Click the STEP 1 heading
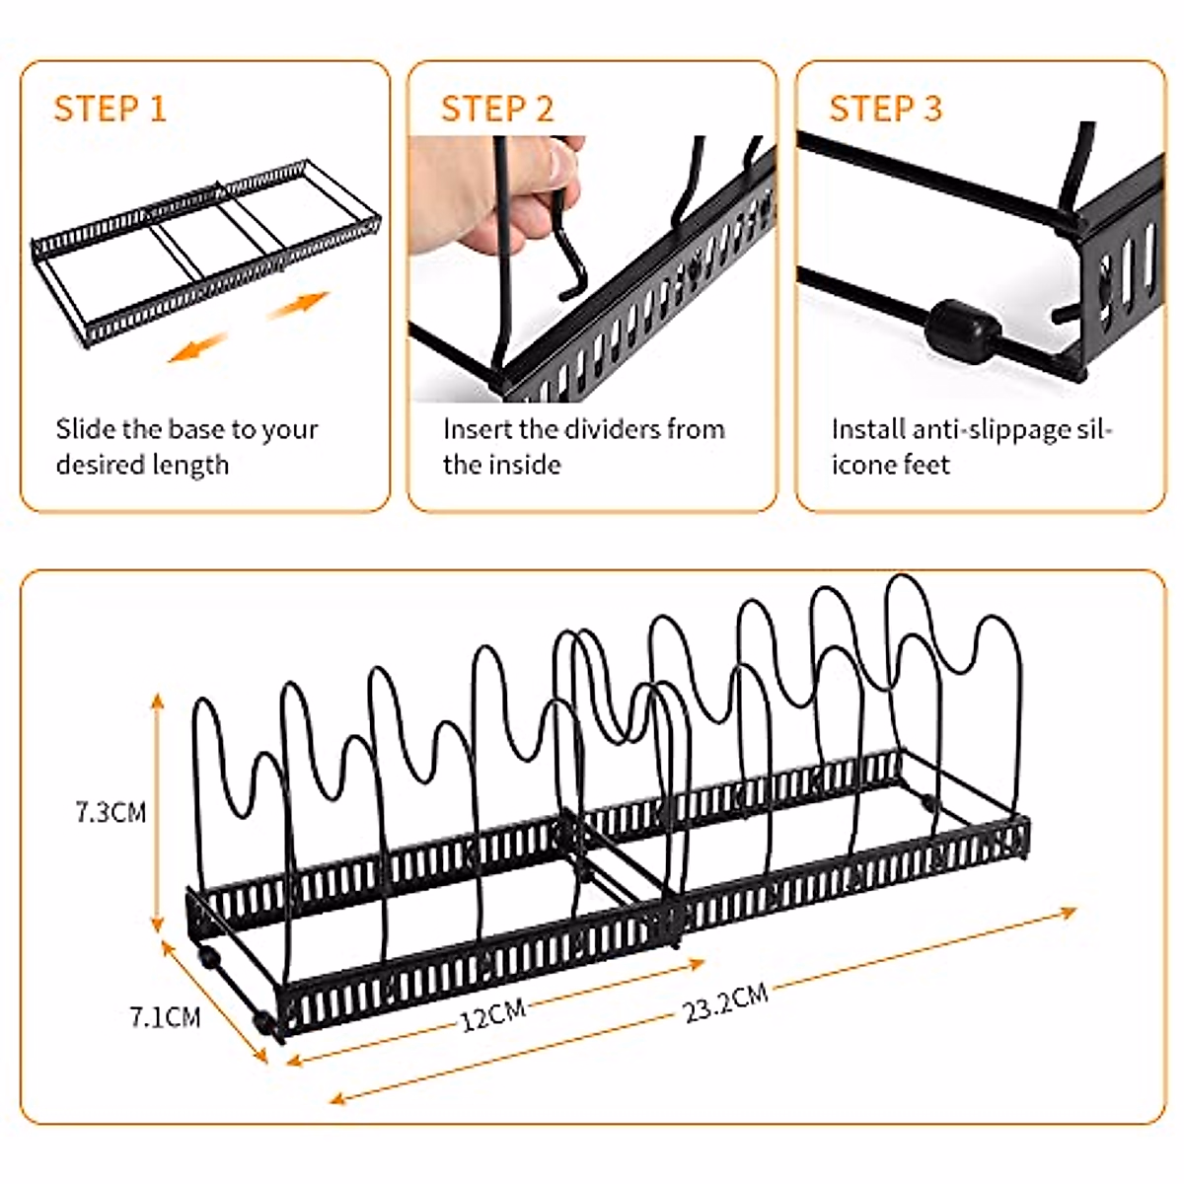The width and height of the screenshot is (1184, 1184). tap(111, 109)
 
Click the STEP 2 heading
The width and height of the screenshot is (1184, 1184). tap(497, 109)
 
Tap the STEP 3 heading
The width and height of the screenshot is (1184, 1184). tap(885, 109)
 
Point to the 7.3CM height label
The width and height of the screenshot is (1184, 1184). tap(111, 812)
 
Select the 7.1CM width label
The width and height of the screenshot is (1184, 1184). tap(166, 1017)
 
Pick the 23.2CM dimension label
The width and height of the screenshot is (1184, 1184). tap(725, 1002)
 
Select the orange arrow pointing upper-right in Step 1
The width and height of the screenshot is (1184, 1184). tap(299, 305)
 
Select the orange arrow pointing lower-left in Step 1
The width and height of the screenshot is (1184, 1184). tap(198, 347)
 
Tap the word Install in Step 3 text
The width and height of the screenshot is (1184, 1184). tap(868, 429)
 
